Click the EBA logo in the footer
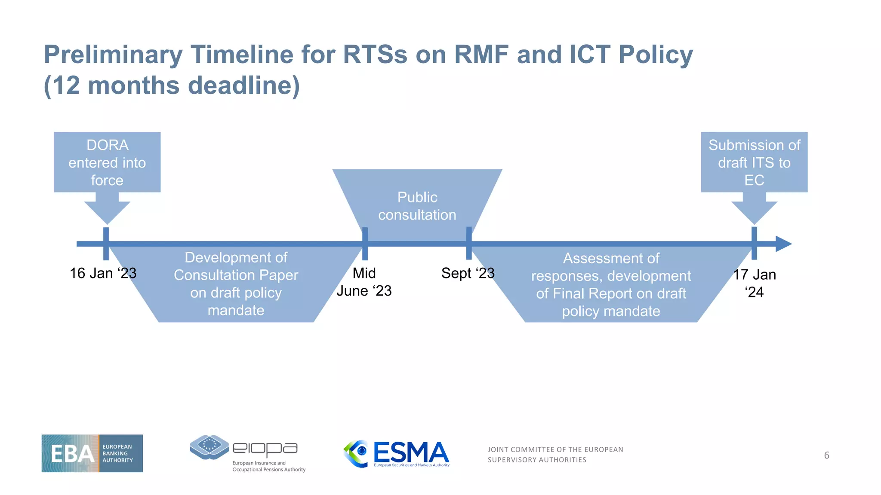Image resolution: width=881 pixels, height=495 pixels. pos(92,453)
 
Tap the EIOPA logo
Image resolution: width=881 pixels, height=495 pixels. pos(247,453)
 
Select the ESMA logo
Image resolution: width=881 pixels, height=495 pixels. pos(396,454)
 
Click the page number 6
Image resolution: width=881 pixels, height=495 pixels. pos(826,455)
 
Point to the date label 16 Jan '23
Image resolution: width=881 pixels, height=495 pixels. pos(103,273)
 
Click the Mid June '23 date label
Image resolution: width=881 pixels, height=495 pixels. pos(364,282)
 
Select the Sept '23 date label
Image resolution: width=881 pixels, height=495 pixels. pos(468,273)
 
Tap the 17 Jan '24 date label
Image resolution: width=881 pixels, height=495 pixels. pos(754,283)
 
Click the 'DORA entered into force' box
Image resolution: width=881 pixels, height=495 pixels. pos(107,162)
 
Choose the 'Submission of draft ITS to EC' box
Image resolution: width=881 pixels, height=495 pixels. pos(754,162)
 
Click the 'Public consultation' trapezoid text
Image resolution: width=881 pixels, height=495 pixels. pos(417,206)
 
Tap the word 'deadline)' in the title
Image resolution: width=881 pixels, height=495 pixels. pos(243,86)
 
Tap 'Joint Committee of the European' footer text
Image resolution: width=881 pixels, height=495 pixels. pos(555,449)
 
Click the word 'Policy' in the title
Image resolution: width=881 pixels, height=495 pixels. pos(656,55)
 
